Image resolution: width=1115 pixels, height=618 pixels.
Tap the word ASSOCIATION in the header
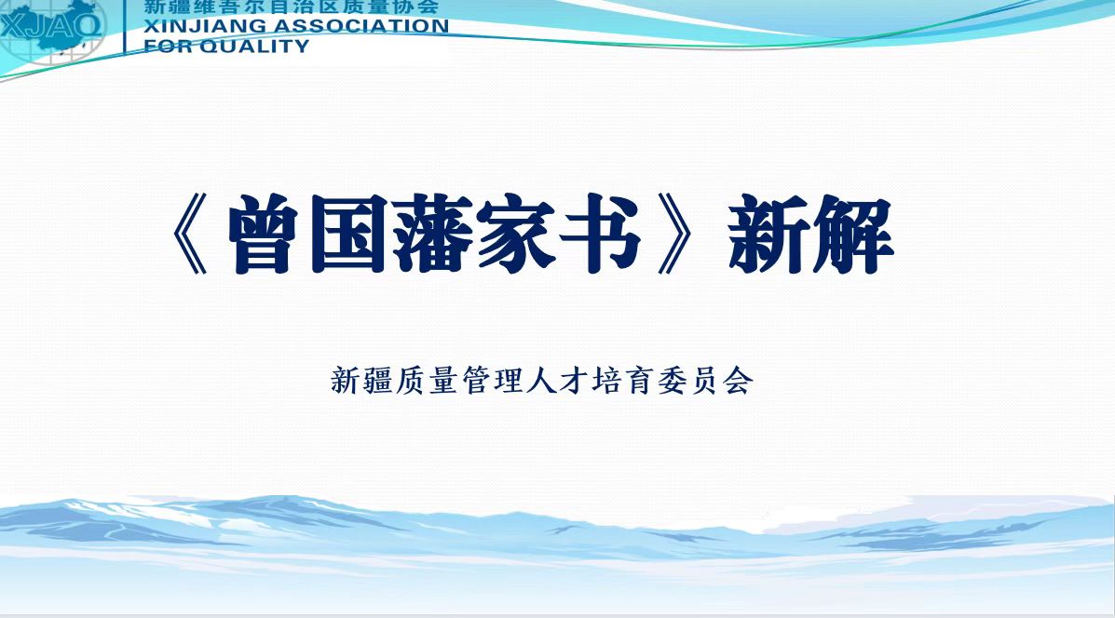(x=361, y=26)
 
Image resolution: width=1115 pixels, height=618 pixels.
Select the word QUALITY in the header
(x=254, y=47)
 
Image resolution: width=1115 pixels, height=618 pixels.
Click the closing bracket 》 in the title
(x=674, y=235)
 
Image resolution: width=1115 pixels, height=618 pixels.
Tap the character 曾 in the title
(x=262, y=235)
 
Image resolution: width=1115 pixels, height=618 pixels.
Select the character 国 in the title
(x=347, y=235)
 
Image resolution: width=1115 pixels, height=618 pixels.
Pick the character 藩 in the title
(x=433, y=235)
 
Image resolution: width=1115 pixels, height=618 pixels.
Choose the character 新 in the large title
(x=768, y=235)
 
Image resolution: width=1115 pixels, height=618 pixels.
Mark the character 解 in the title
(x=852, y=235)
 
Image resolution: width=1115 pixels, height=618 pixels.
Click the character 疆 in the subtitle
(x=378, y=381)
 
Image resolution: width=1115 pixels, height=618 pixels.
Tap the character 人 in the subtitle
(x=540, y=381)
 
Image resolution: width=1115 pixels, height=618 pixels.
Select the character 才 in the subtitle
(x=573, y=381)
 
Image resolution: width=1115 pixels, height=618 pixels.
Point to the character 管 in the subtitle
(x=476, y=381)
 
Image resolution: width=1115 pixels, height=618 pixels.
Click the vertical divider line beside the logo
(x=125, y=27)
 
